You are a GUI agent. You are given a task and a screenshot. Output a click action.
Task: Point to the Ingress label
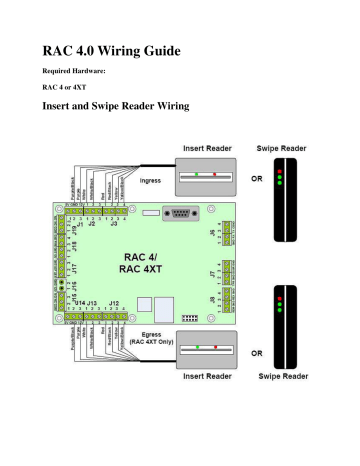[150, 181]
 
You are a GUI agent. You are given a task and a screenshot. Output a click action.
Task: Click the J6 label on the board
[213, 233]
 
